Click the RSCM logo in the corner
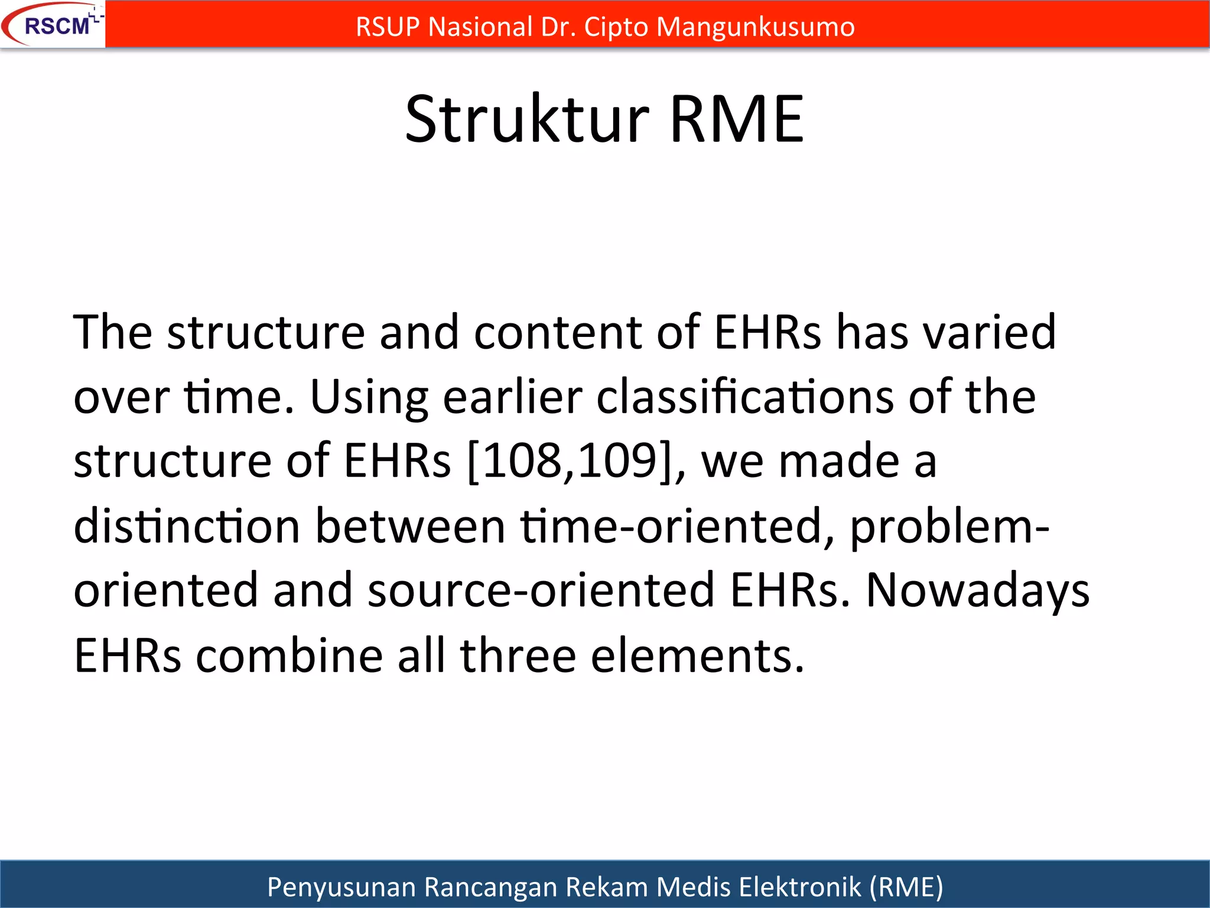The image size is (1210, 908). tap(53, 25)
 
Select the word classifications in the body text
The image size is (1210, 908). tap(744, 397)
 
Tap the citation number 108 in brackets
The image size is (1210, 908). tap(523, 461)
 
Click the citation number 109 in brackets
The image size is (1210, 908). tap(618, 461)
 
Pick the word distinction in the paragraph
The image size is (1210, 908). tap(187, 526)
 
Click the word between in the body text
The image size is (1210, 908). tap(410, 526)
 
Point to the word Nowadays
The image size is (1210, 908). tap(978, 591)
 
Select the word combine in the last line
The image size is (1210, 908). tap(290, 656)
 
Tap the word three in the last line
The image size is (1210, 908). tap(518, 656)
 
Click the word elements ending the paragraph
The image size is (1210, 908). tap(697, 656)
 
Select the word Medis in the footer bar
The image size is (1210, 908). tap(694, 887)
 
